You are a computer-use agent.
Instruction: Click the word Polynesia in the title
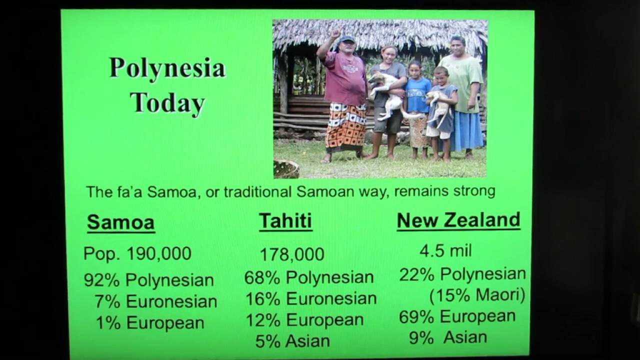click(167, 68)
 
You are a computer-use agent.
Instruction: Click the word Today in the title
click(167, 102)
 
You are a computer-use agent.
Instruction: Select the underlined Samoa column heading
click(120, 222)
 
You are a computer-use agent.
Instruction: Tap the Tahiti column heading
click(285, 221)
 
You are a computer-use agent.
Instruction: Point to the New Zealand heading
click(458, 220)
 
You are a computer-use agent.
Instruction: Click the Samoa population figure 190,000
click(158, 253)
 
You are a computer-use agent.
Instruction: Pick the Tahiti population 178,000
click(292, 254)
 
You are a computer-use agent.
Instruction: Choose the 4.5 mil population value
click(445, 250)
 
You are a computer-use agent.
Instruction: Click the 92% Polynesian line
click(148, 280)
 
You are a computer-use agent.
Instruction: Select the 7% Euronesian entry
click(155, 301)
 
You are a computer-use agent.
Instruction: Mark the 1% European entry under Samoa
click(150, 322)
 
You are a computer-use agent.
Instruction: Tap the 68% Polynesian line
click(309, 277)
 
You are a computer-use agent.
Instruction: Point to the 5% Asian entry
click(292, 341)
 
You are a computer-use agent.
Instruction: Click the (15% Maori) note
click(477, 295)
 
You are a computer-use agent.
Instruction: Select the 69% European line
click(457, 316)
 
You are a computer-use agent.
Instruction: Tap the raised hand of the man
click(335, 34)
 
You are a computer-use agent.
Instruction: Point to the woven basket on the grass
click(286, 169)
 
